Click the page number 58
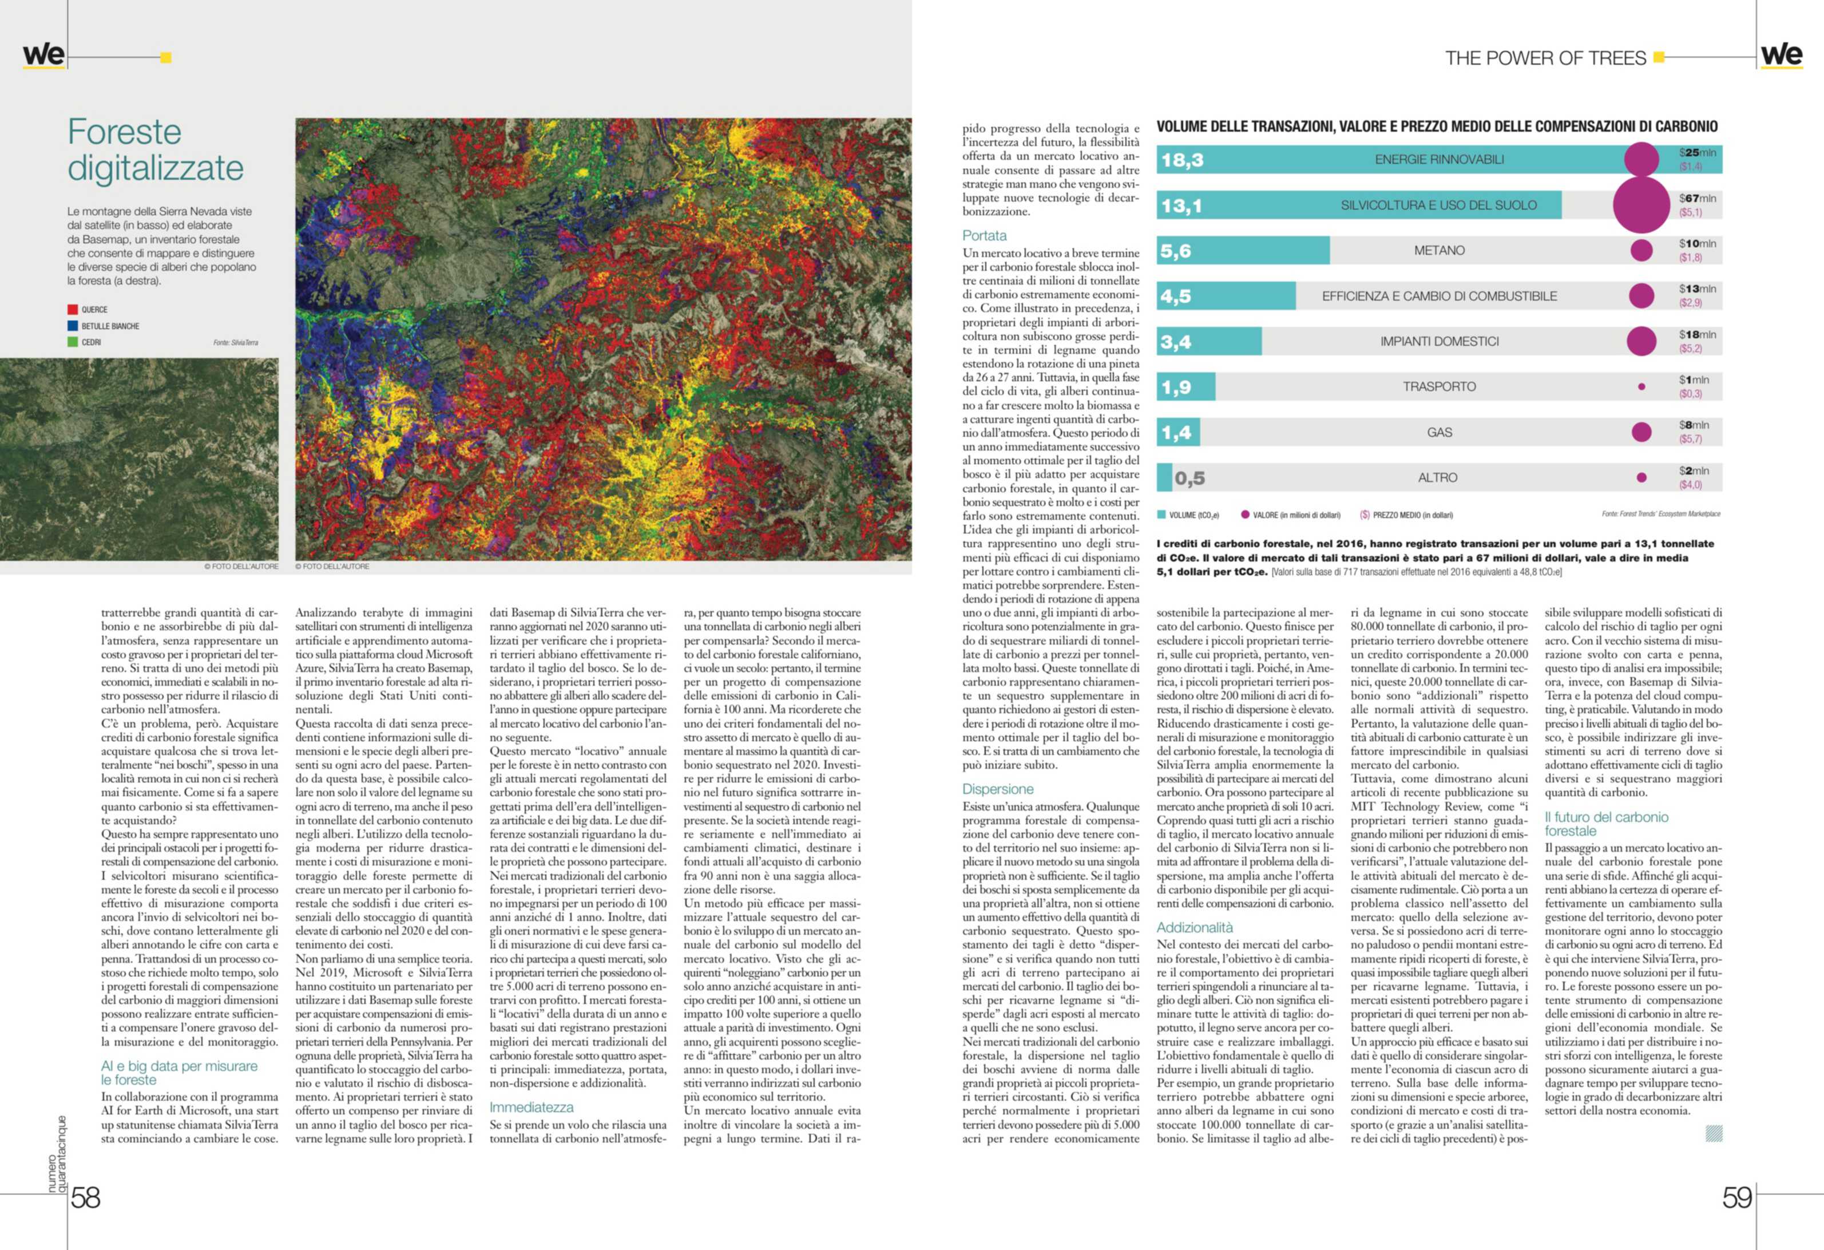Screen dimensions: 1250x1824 86,1197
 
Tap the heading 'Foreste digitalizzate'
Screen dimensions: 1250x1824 156,149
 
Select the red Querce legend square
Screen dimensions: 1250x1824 73,310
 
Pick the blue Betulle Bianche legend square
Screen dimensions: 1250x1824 73,326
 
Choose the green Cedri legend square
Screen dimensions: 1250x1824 73,342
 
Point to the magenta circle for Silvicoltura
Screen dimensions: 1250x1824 1640,205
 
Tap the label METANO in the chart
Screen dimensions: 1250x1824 1438,251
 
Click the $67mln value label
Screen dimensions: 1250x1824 1697,199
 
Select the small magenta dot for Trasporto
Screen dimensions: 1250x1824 1641,387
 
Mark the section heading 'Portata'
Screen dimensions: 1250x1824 984,236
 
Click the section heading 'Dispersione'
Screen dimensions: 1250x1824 998,789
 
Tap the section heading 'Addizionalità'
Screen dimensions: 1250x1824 1195,927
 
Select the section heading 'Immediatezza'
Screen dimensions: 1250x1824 532,1107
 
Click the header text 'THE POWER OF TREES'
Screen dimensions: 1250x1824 1545,58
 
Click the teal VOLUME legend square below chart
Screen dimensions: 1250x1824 1161,515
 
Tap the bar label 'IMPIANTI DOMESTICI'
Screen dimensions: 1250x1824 1438,342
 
